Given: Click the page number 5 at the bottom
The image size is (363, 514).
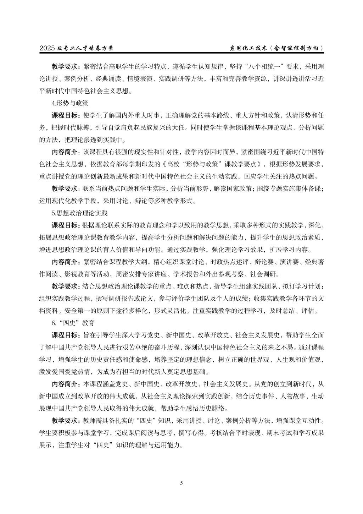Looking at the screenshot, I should (x=181, y=482).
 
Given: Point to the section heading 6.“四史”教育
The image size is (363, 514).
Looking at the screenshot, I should (x=73, y=323).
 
